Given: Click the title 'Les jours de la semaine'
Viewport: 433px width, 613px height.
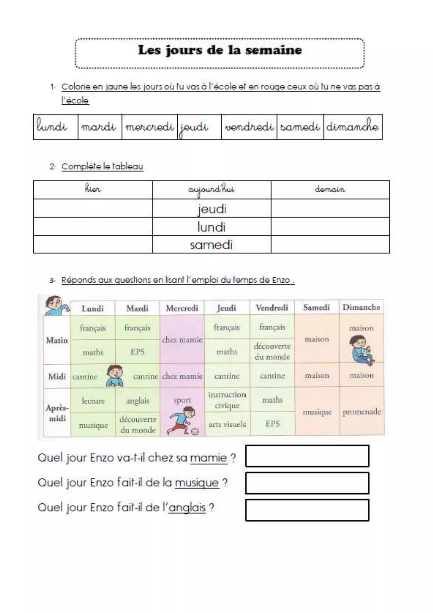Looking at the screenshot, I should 220,50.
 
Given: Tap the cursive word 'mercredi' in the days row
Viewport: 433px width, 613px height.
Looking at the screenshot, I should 149,127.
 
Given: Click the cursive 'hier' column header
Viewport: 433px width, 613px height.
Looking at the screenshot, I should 93,189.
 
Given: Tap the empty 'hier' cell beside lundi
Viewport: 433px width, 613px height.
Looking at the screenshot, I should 93,227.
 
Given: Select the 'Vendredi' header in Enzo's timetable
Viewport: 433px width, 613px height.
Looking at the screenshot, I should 272,308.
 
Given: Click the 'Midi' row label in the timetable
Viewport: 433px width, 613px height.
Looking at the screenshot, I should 57,376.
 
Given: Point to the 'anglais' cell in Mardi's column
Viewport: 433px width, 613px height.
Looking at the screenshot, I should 138,401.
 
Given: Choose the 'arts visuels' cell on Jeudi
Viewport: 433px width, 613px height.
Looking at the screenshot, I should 227,424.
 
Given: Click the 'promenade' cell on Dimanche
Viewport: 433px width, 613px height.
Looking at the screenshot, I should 362,412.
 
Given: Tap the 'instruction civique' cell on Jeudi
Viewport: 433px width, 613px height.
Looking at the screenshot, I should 227,400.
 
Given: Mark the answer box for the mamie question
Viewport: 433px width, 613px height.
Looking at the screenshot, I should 307,456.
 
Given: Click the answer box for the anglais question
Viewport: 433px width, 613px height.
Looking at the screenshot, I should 307,510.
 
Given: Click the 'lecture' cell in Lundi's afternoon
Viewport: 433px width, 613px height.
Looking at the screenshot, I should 93,401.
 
